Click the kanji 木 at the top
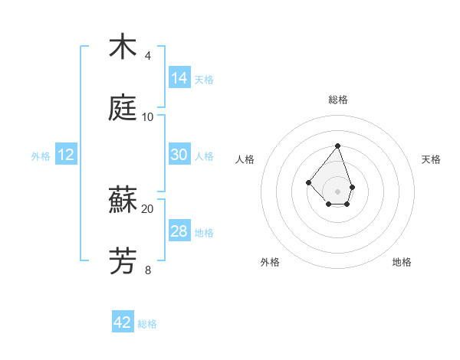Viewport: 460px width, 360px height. point(123,47)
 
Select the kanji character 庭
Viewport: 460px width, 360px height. point(123,108)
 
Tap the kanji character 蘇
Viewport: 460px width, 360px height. point(123,200)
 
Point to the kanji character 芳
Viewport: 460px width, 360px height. point(123,261)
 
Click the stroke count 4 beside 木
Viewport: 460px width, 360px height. point(147,56)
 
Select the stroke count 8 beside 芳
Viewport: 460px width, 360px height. point(147,270)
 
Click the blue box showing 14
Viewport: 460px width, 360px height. point(179,78)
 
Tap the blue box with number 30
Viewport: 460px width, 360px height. point(179,155)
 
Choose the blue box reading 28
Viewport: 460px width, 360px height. point(179,231)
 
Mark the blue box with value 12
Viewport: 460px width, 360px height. point(66,155)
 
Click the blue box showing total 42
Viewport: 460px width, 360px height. point(123,322)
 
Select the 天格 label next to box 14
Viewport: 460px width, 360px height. point(204,80)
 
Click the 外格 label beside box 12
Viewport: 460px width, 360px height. point(41,156)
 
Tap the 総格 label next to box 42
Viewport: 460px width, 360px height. point(147,324)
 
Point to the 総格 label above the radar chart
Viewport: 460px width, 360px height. point(337,100)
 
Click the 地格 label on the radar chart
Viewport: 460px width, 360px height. point(402,263)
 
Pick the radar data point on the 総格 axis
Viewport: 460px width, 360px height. point(337,146)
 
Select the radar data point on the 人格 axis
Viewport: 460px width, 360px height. point(308,182)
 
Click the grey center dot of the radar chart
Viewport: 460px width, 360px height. point(337,191)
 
